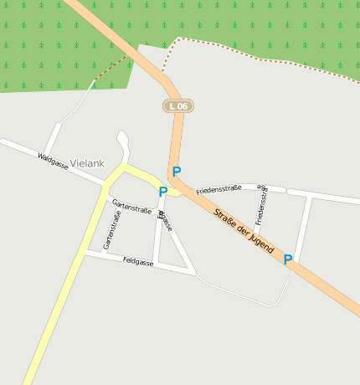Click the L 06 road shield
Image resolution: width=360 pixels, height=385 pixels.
(178, 106)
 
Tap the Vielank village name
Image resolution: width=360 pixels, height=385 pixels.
(88, 162)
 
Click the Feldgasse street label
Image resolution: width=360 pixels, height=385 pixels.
(137, 262)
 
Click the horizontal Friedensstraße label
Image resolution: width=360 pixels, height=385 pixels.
(219, 190)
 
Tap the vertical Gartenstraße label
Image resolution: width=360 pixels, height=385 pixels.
(111, 230)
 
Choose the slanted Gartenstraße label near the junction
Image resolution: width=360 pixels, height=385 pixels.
(131, 205)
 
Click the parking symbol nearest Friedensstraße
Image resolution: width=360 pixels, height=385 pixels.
(177, 172)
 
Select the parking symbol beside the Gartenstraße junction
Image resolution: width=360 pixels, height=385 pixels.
(163, 192)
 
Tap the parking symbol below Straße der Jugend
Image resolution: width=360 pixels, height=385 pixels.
(288, 259)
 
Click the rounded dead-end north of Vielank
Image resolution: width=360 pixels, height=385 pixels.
(123, 136)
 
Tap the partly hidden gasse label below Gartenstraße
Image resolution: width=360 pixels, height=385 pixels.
(165, 221)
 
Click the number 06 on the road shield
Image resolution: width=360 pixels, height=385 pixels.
(183, 106)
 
